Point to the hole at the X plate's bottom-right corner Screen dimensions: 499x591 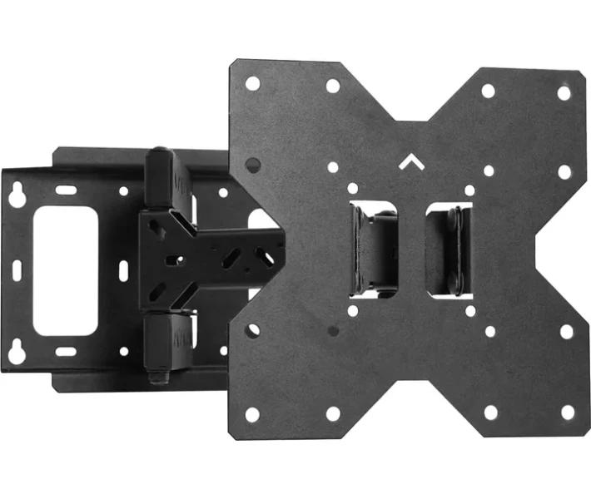[568, 412]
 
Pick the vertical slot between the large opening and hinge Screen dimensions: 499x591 [122, 271]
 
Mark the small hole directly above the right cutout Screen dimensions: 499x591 [469, 190]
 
